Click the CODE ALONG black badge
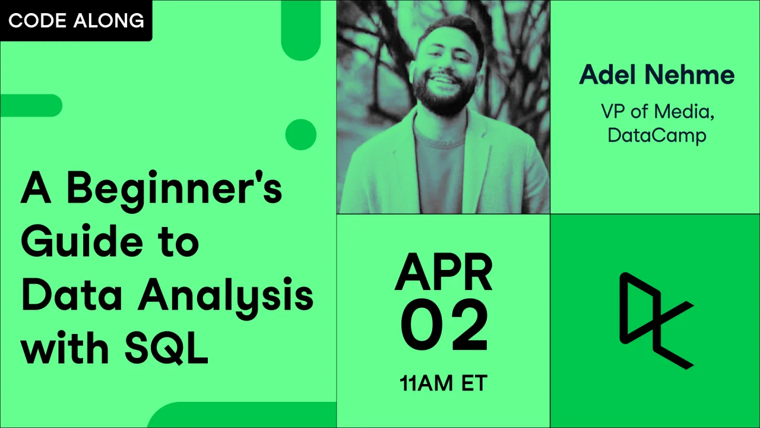(x=76, y=20)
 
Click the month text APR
(x=444, y=272)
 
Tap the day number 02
(x=444, y=325)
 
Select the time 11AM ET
(x=444, y=383)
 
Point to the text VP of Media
(x=657, y=111)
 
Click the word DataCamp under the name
(x=657, y=136)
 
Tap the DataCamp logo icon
(x=656, y=320)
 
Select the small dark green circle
(x=301, y=134)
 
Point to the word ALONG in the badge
(x=109, y=20)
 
